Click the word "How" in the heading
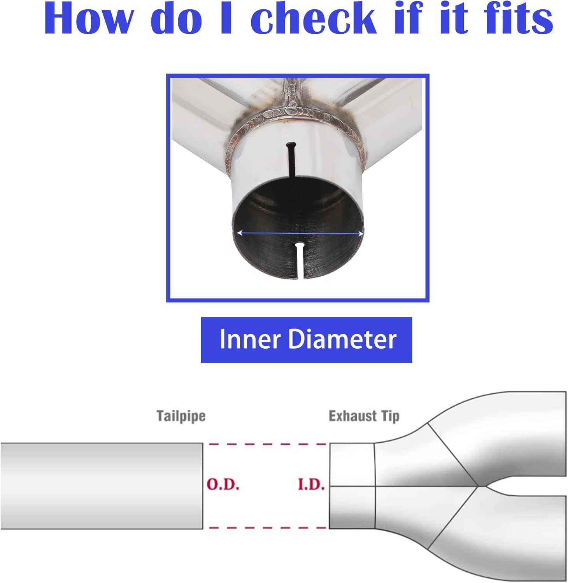tap(89, 19)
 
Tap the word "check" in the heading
tap(313, 19)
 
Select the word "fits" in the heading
tap(518, 19)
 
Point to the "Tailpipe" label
tap(181, 416)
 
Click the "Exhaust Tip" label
tap(364, 416)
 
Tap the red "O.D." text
tap(223, 484)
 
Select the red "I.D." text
tap(311, 484)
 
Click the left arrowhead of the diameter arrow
tap(239, 233)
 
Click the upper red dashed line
tap(267, 444)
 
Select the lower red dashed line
tap(267, 528)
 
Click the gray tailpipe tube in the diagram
tap(101, 486)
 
